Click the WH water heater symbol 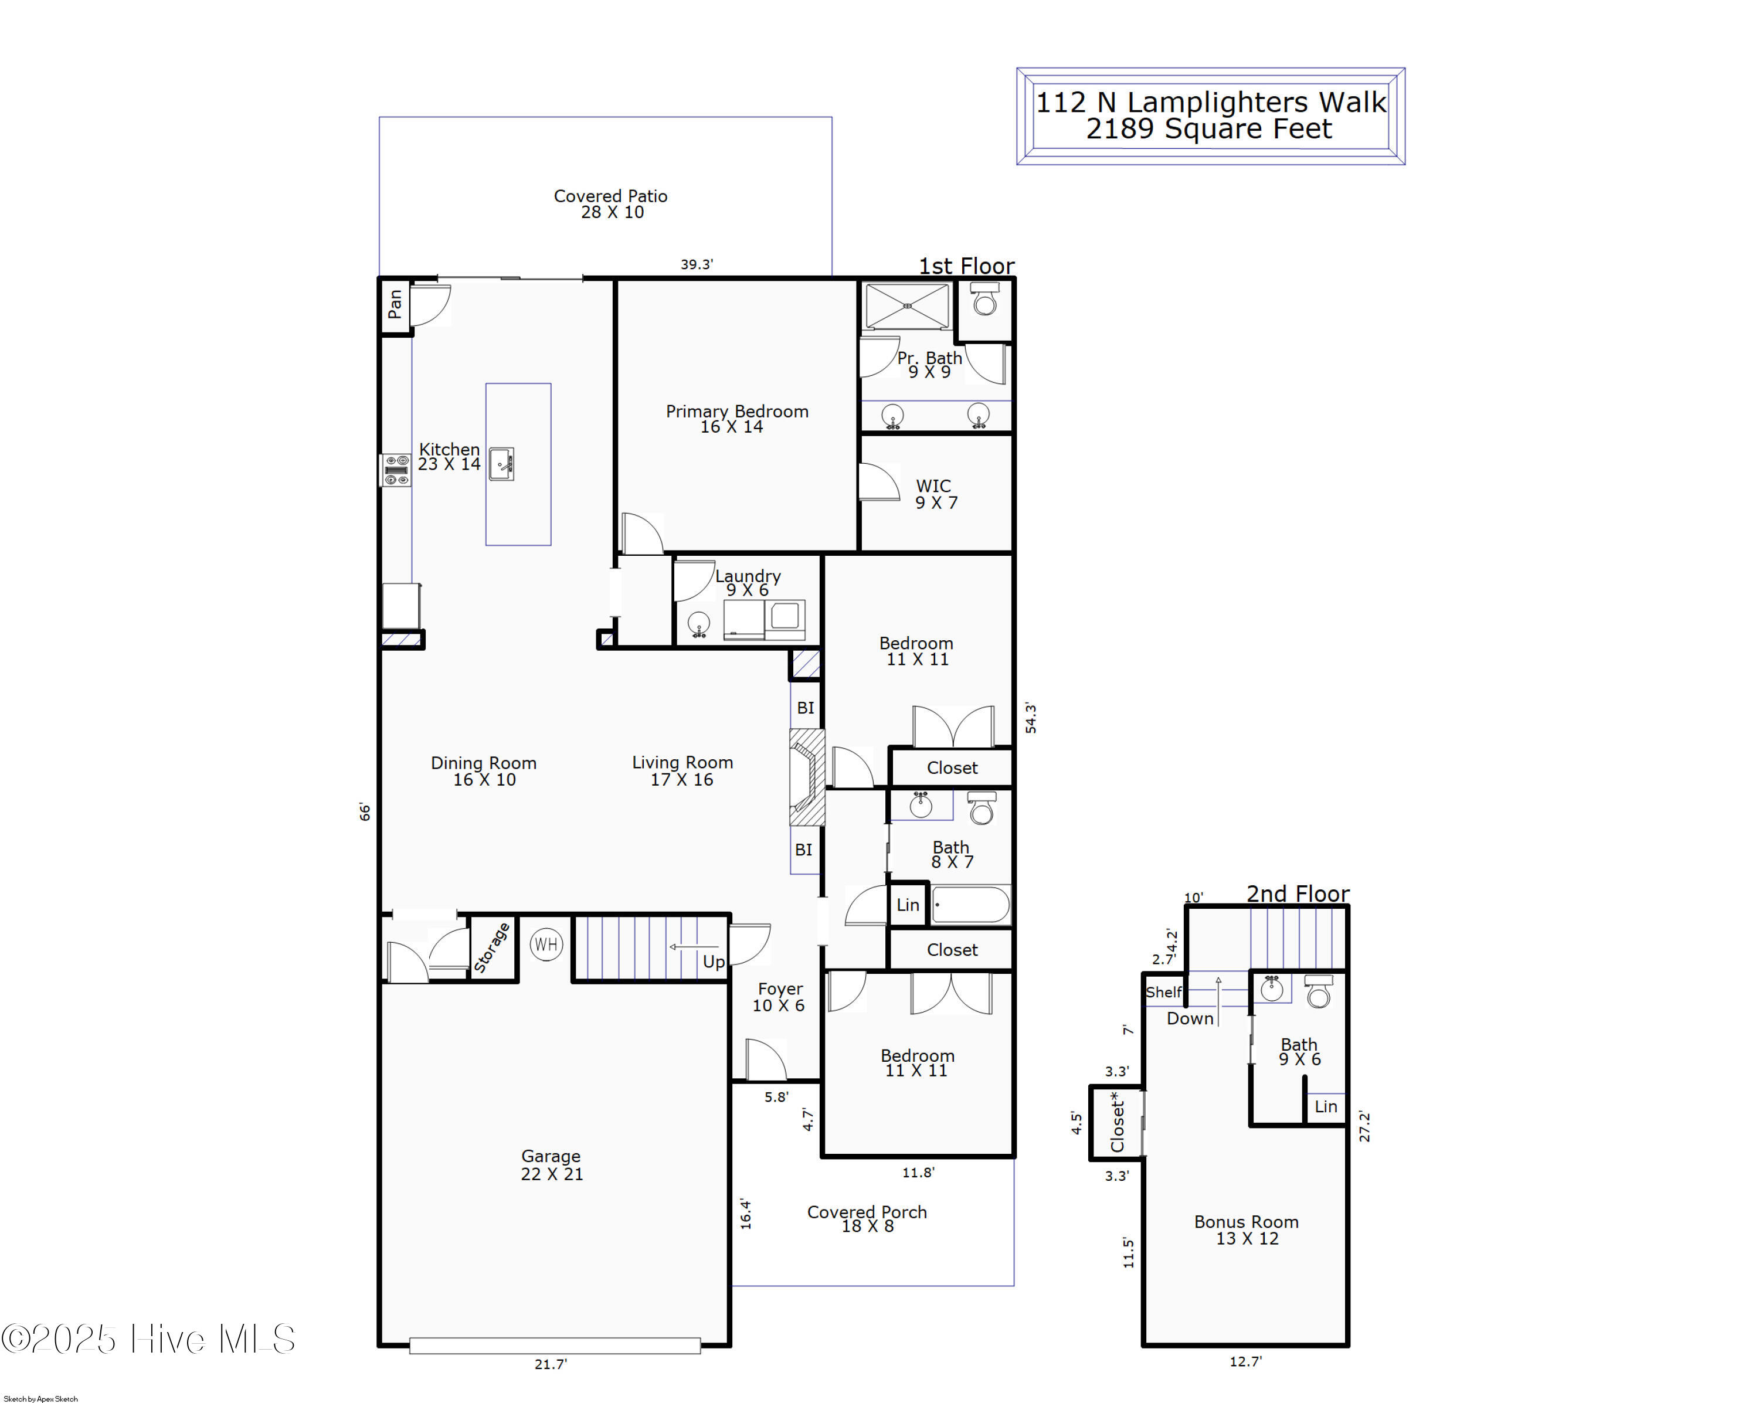tap(546, 945)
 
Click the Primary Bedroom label tap(736, 419)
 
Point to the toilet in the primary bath tap(984, 300)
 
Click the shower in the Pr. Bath tap(907, 306)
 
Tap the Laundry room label tap(748, 582)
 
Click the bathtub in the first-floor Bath tap(971, 905)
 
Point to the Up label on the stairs tap(713, 962)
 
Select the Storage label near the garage tap(492, 948)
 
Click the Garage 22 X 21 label tap(552, 1165)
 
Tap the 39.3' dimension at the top tap(697, 264)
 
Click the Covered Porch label tap(867, 1219)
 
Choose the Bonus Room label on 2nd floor tap(1246, 1229)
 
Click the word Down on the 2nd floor tap(1190, 1018)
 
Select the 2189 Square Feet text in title tap(1208, 129)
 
